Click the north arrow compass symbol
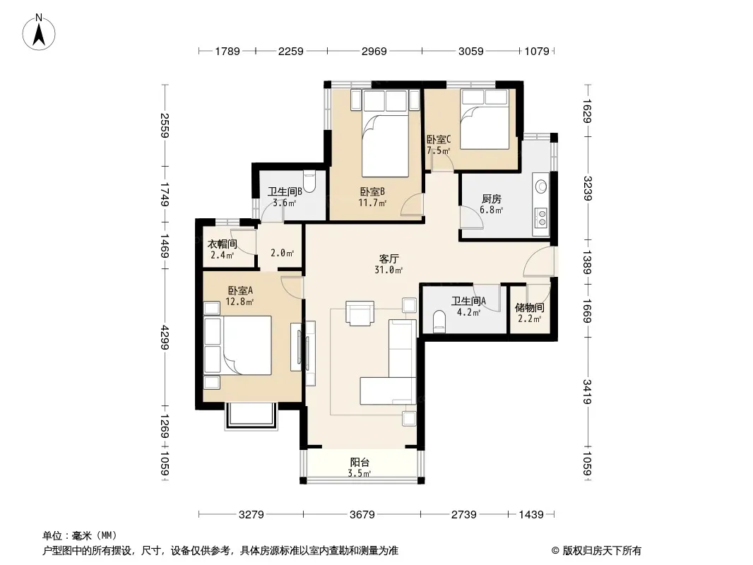click(x=39, y=32)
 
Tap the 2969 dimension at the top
click(x=374, y=51)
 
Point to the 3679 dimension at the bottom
click(x=362, y=515)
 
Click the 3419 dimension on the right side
click(x=587, y=392)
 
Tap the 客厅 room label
click(x=388, y=259)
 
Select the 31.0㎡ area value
click(x=389, y=270)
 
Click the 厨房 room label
click(x=491, y=198)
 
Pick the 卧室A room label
click(x=240, y=290)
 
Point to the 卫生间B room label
click(x=285, y=191)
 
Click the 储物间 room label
click(x=530, y=308)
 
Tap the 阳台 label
click(x=360, y=463)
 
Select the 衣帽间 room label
click(x=223, y=244)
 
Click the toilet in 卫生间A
click(x=439, y=321)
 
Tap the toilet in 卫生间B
click(x=310, y=182)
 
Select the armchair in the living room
click(x=360, y=313)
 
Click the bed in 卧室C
click(x=484, y=119)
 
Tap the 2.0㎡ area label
click(x=283, y=253)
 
